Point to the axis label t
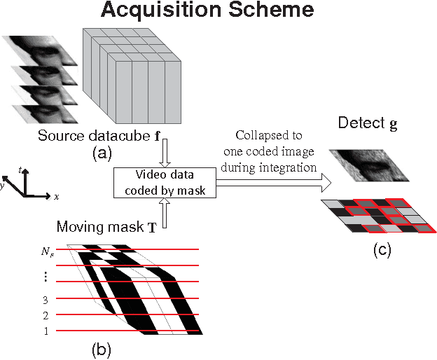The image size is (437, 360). click(x=22, y=169)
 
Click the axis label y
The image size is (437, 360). click(x=5, y=186)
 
